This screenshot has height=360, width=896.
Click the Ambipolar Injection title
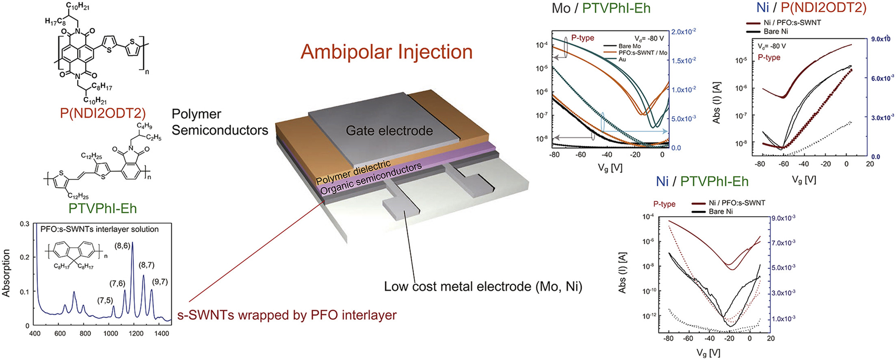(x=386, y=52)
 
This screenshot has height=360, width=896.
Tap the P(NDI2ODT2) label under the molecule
(x=102, y=113)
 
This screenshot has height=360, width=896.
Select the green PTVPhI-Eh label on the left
(x=102, y=208)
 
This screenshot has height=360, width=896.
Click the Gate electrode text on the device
(x=389, y=131)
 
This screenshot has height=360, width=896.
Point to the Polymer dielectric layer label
(x=353, y=172)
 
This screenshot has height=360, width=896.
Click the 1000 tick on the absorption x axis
(x=110, y=334)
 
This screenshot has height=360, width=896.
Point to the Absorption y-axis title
(x=6, y=273)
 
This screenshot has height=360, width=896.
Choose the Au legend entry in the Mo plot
(x=622, y=59)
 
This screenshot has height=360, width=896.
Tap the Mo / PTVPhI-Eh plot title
(x=601, y=8)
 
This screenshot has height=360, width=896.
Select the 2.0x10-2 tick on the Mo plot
(x=684, y=32)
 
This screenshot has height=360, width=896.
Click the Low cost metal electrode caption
(x=483, y=287)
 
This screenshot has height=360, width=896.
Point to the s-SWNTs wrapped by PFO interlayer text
(x=287, y=315)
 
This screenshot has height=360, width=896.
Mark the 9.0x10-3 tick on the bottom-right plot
(x=783, y=218)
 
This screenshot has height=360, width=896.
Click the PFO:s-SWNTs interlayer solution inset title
(x=100, y=229)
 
